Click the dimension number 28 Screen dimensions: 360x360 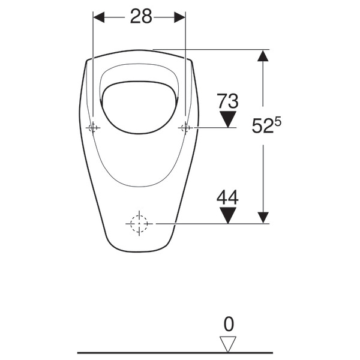pos(141,16)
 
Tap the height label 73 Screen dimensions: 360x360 pos(228,101)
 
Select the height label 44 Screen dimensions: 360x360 pos(227,197)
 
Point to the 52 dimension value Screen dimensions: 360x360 pos(263,126)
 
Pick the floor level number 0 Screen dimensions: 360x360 pos(229,324)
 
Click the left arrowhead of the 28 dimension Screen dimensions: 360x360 pos(99,17)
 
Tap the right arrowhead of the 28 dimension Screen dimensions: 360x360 pos(180,17)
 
